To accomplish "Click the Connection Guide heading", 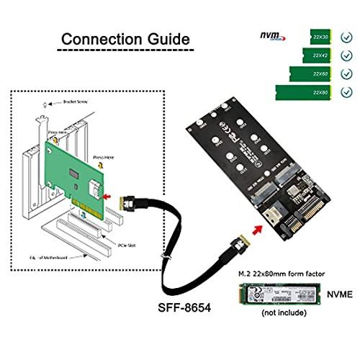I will point(125,38).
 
